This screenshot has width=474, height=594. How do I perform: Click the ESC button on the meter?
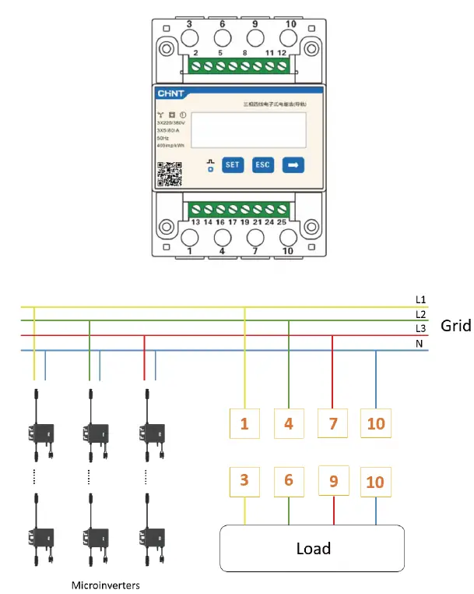262,165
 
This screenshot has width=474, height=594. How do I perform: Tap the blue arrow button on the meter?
293,165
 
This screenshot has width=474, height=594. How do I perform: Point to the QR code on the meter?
170,174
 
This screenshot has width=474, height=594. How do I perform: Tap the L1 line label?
420,299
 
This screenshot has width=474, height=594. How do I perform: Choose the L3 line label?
420,328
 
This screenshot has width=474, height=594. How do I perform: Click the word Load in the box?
313,549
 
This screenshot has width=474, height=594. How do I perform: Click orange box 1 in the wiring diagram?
244,424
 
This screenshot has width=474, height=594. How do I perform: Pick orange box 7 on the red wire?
332,424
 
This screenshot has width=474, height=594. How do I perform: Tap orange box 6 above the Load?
288,481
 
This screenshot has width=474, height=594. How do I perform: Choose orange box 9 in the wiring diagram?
333,481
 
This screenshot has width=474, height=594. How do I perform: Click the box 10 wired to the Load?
375,482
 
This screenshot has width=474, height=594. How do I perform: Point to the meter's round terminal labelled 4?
221,236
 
